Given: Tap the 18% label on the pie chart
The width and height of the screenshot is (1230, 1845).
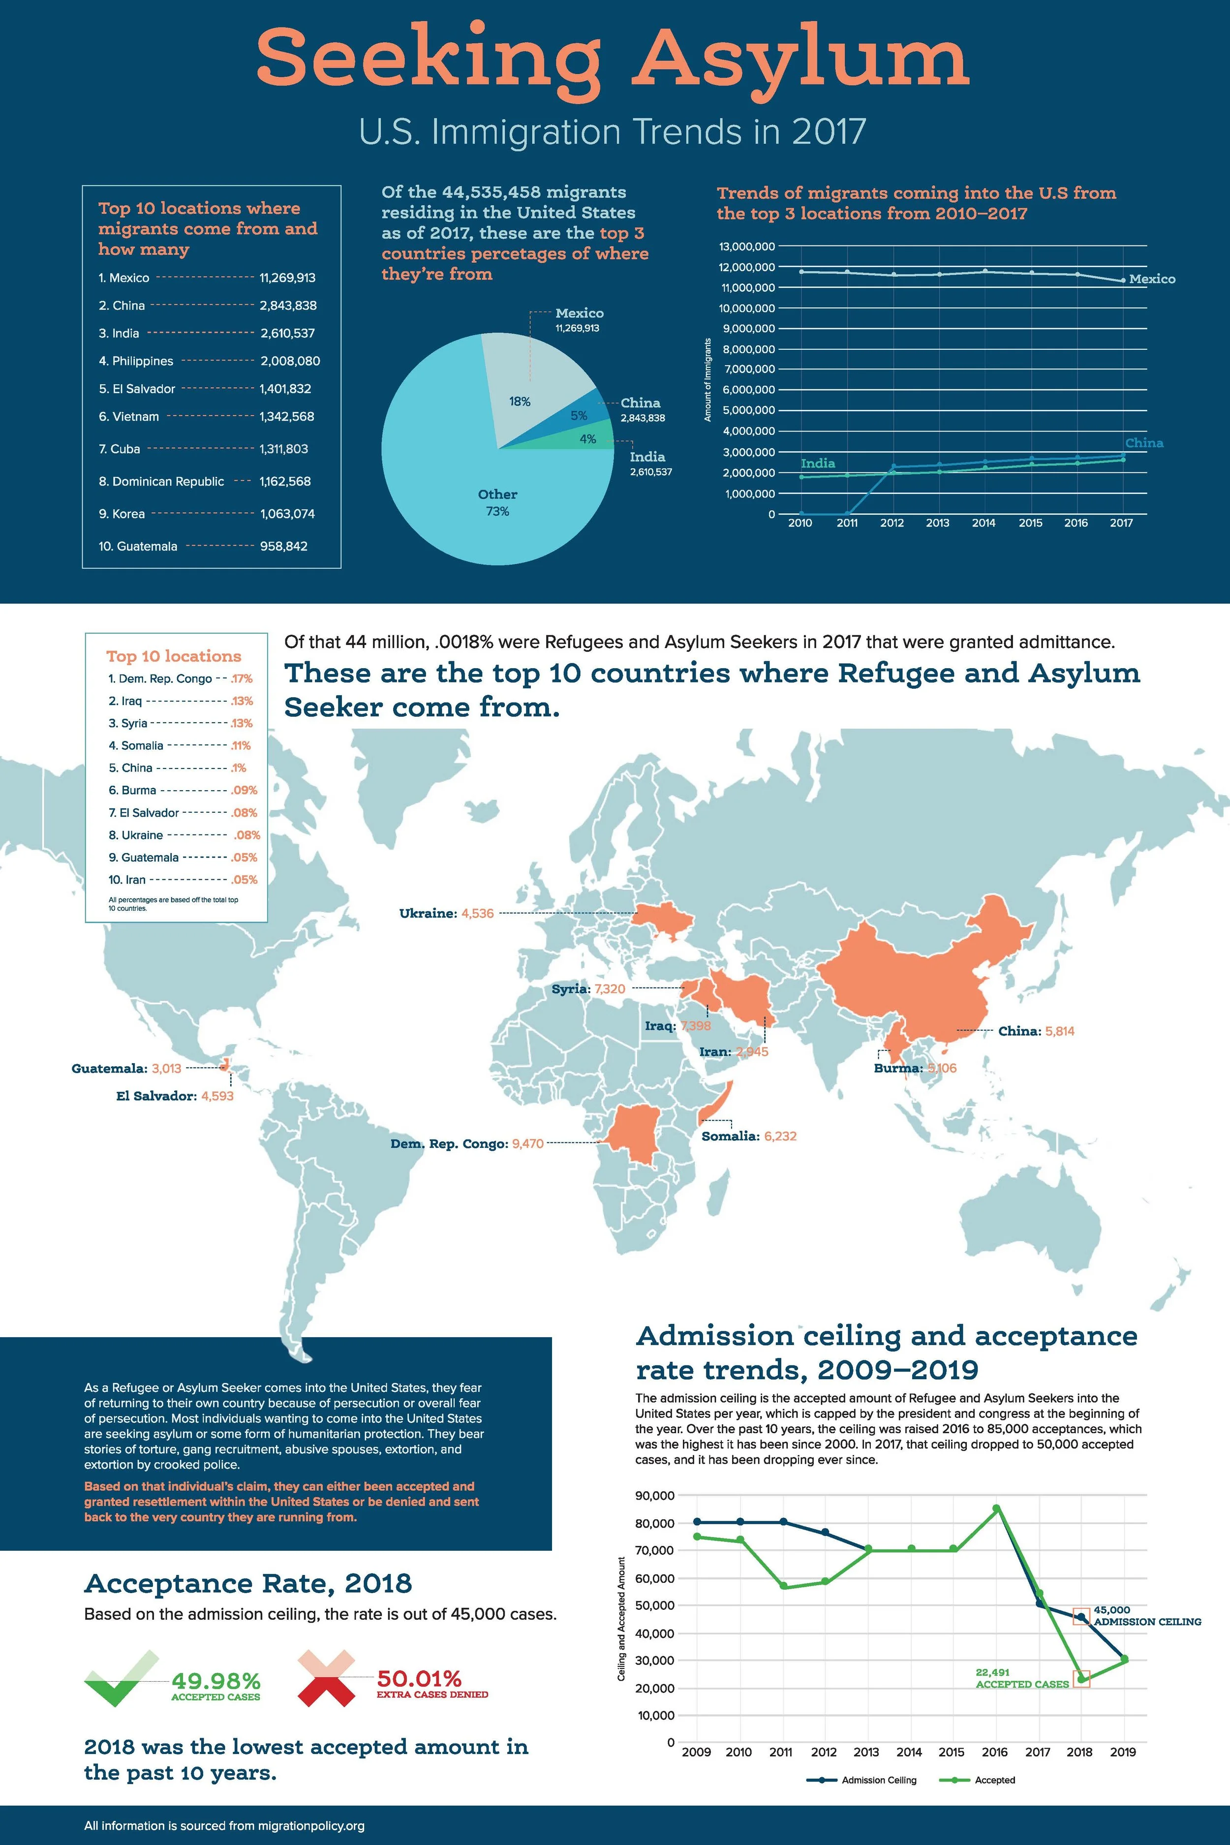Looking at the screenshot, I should tap(519, 401).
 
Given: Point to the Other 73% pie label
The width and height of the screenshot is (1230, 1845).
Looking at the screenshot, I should tap(497, 502).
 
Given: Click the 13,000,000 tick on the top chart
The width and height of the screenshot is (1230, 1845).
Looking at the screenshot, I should tap(747, 246).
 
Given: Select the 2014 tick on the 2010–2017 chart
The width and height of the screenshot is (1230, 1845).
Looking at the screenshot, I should tap(984, 523).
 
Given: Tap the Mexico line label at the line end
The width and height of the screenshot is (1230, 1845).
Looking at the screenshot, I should tap(1152, 279).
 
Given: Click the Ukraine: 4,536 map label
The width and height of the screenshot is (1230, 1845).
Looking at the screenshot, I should tap(446, 913).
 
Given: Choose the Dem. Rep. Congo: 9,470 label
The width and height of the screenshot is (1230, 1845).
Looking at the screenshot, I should tap(467, 1144).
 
